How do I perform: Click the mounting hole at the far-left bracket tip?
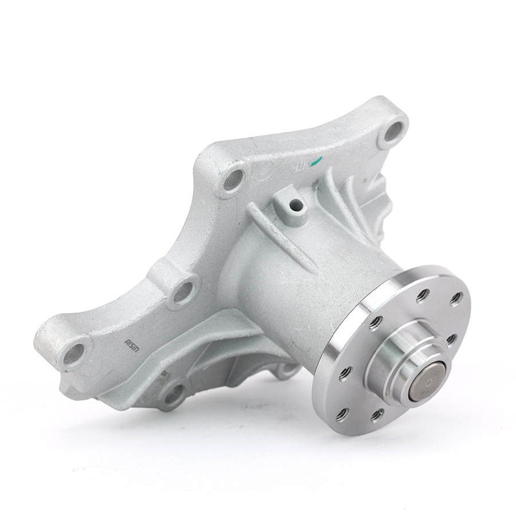pyautogui.click(x=75, y=351)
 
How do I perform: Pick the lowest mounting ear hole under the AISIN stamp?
pyautogui.click(x=174, y=394)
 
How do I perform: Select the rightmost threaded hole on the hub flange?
pyautogui.click(x=456, y=299)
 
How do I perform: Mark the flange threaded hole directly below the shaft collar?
pyautogui.click(x=378, y=414)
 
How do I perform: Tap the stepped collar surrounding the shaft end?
pyautogui.click(x=396, y=367)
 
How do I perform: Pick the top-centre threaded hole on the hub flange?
pyautogui.click(x=423, y=295)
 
